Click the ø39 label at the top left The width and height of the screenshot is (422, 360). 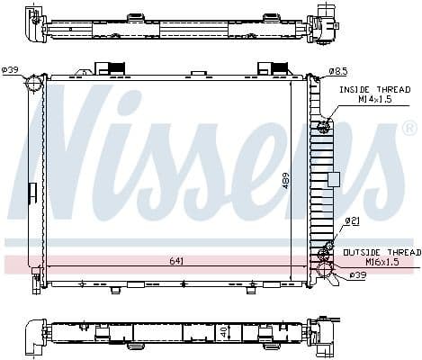pyautogui.click(x=11, y=69)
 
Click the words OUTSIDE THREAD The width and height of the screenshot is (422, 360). pyautogui.click(x=378, y=252)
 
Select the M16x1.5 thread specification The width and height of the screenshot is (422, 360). pyautogui.click(x=378, y=262)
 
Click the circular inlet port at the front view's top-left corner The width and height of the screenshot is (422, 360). pyautogui.click(x=35, y=84)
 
